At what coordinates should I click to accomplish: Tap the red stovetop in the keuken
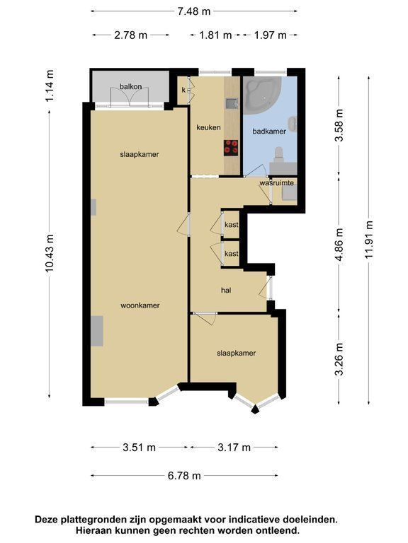point(231,147)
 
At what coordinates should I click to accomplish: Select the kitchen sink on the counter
point(232,103)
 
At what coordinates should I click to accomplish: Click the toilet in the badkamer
point(278,154)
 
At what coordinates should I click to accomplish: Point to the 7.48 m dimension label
point(194,11)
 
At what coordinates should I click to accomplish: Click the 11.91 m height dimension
point(369,239)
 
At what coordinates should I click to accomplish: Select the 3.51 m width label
point(139,448)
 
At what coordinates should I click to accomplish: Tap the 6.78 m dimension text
point(184,475)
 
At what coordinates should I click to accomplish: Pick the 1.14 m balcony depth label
point(50,86)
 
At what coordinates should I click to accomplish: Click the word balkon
point(131,86)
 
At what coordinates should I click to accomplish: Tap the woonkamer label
point(140,305)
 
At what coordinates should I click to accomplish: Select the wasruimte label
point(277,183)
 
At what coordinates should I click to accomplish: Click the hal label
point(226,290)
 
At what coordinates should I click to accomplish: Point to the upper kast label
point(232,225)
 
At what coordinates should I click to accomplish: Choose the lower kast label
point(232,254)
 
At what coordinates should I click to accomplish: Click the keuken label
point(208,127)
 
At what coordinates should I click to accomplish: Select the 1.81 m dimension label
point(215,35)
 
